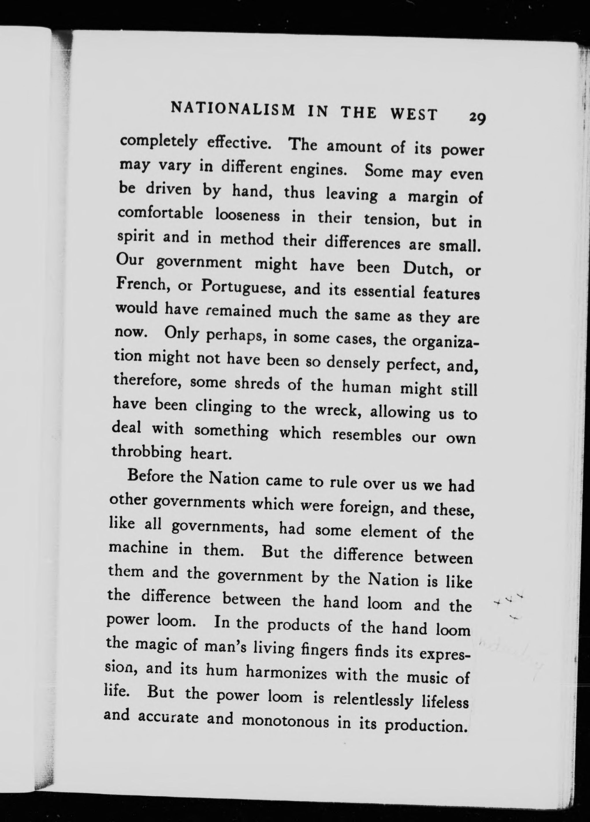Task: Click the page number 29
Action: [x=477, y=118]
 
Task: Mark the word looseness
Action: [x=248, y=216]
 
